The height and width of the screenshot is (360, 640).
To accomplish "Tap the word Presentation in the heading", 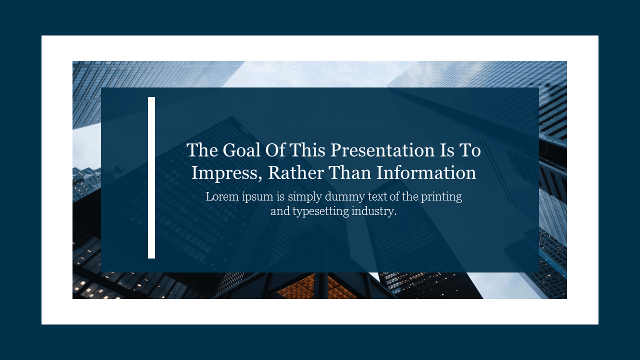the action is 382,150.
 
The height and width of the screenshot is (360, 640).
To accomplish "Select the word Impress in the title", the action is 226,173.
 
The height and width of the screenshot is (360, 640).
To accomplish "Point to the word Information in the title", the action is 426,173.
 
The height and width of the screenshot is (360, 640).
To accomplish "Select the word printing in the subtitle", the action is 441,197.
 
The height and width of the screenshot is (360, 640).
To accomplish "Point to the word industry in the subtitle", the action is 374,211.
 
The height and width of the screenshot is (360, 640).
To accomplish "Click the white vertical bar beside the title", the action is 151,177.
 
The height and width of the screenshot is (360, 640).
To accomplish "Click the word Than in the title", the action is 350,173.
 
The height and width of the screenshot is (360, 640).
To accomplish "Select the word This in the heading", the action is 307,150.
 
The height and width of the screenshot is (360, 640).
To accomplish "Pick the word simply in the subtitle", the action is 305,197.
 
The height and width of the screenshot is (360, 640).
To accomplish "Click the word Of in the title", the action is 275,150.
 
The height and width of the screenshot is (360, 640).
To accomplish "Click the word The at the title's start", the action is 202,150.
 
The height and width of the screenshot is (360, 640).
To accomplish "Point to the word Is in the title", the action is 447,150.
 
